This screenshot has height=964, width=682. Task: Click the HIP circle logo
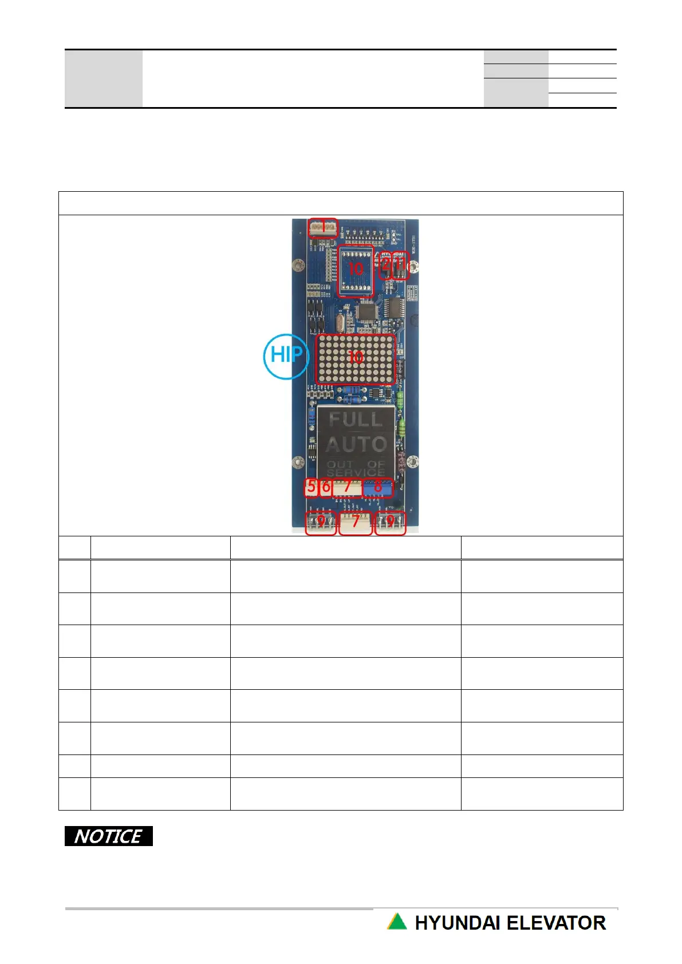pyautogui.click(x=286, y=355)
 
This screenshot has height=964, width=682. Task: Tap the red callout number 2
pyautogui.click(x=385, y=265)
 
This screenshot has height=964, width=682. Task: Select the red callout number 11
pyautogui.click(x=400, y=265)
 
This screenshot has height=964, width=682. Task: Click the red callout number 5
pyautogui.click(x=311, y=487)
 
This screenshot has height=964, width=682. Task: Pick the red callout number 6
pyautogui.click(x=326, y=487)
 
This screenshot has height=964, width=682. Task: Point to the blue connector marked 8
pyautogui.click(x=378, y=488)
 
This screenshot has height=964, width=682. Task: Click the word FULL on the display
pyautogui.click(x=355, y=420)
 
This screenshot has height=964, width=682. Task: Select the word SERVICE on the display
pyautogui.click(x=356, y=473)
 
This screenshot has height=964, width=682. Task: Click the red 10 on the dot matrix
pyautogui.click(x=356, y=358)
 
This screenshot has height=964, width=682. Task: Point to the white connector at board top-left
pyautogui.click(x=323, y=227)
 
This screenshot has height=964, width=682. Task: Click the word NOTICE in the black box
pyautogui.click(x=108, y=836)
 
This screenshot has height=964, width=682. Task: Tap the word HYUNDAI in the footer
pyautogui.click(x=457, y=923)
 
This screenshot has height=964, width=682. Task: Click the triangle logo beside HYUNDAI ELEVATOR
pyautogui.click(x=397, y=922)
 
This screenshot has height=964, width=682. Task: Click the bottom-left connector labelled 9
pyautogui.click(x=321, y=522)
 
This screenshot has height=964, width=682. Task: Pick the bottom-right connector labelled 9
pyautogui.click(x=391, y=522)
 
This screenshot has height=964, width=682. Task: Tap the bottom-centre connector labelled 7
pyautogui.click(x=356, y=522)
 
